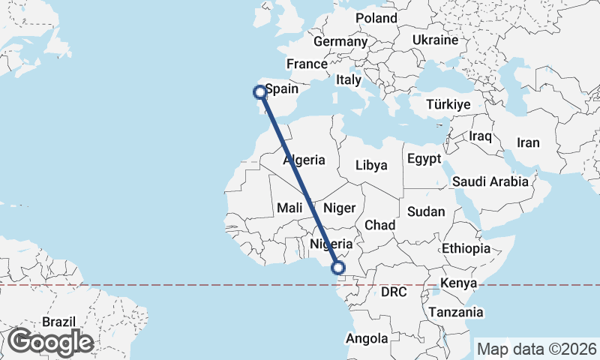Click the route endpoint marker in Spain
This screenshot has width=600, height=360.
(x=259, y=92)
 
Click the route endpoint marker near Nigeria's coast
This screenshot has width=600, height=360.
(x=338, y=267)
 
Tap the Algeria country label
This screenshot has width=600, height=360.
(x=304, y=160)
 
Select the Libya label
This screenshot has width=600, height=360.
(x=371, y=165)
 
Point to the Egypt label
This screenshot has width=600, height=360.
(x=424, y=159)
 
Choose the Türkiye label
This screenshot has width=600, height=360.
(x=448, y=105)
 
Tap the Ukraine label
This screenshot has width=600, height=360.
(x=435, y=39)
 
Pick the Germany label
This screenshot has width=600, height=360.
(x=339, y=42)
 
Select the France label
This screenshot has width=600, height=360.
(x=307, y=64)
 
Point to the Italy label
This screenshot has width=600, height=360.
(x=348, y=79)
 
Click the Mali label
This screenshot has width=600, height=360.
(x=289, y=207)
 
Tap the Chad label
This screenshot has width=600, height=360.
(x=379, y=225)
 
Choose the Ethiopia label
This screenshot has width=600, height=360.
(x=465, y=248)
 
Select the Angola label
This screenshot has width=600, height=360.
(x=367, y=339)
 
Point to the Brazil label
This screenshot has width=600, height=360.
(x=58, y=322)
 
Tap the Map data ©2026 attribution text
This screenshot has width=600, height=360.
(x=537, y=349)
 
